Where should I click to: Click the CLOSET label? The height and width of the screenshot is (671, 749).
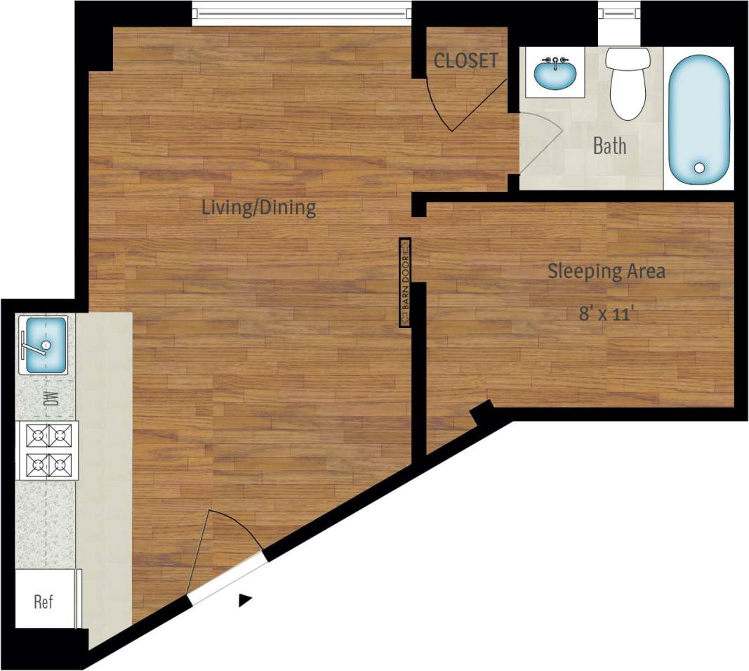point(466,60)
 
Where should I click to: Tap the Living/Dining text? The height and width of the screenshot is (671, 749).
point(259,208)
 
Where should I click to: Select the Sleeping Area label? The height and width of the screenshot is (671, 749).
point(607,271)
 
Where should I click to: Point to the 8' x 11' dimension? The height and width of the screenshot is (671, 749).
point(607,313)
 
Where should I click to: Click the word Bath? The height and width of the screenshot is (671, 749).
point(609,146)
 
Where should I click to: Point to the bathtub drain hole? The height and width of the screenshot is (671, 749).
point(699,168)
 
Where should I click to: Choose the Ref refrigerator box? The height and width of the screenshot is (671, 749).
point(44,602)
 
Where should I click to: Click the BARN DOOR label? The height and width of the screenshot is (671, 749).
point(405,282)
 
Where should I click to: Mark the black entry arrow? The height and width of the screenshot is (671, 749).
point(244,599)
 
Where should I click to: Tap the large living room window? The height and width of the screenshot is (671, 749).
point(302,13)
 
